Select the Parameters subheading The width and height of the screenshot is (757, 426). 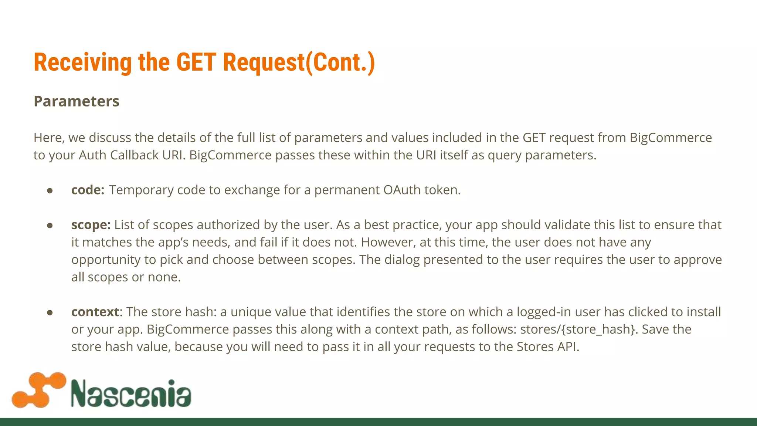click(x=77, y=101)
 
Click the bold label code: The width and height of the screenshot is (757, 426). click(x=88, y=190)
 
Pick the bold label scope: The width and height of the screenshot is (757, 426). click(x=91, y=225)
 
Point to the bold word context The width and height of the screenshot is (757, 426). click(x=95, y=312)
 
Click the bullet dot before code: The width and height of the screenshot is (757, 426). click(x=50, y=190)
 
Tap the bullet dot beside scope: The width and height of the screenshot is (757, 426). click(x=50, y=225)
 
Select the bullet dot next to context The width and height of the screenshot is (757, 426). click(x=50, y=312)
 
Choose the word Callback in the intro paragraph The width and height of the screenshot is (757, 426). click(x=135, y=155)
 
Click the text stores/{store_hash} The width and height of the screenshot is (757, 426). click(x=579, y=329)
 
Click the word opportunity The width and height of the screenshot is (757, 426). click(x=106, y=260)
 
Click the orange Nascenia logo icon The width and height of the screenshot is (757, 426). click(x=39, y=390)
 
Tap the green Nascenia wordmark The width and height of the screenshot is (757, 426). click(x=131, y=393)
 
